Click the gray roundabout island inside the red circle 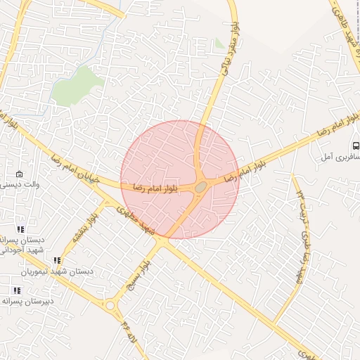click(201, 186)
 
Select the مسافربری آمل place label click(342, 160)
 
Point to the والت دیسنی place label click(19, 184)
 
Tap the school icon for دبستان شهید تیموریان click(57, 261)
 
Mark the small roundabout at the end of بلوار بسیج click(110, 306)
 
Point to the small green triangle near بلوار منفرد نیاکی click(220, 44)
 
